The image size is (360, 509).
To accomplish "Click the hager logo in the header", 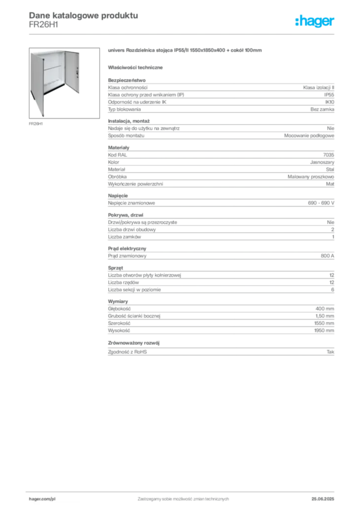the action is click(315, 21).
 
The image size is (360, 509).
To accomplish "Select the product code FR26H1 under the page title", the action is click(43, 25).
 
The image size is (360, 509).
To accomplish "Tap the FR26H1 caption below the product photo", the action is click(36, 124).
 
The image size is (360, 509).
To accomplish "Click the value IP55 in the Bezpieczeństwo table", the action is click(329, 95).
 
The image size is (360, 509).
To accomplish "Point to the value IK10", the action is click(330, 102).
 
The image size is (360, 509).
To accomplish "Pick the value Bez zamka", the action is click(322, 109).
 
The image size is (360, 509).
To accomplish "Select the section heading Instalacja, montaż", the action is click(129, 121).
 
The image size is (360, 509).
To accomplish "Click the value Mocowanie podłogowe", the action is click(309, 136).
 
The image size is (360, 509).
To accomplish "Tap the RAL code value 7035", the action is click(329, 155).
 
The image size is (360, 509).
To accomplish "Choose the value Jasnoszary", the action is click(322, 162).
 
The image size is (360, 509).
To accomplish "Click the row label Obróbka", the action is click(117, 176).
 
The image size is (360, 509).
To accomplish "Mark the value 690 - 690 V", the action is click(321, 203).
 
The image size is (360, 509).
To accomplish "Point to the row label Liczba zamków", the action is click(124, 237).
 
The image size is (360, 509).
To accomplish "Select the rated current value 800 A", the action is click(328, 256).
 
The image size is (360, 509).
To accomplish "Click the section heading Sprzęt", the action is click(115, 268).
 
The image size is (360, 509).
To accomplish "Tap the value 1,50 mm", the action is click(325, 316).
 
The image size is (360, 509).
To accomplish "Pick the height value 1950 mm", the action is click(324, 331).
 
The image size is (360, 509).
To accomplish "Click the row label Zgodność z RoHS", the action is click(127, 352).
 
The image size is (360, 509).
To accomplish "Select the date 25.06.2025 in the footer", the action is click(323, 499).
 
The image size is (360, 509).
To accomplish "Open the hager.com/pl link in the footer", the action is click(42, 499).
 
